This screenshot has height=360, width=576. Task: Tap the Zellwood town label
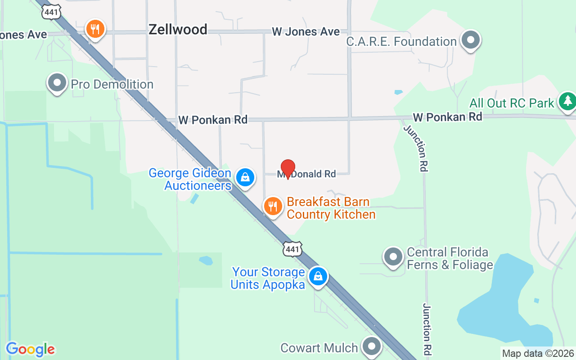(178, 30)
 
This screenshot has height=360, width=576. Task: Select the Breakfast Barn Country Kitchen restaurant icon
(273, 207)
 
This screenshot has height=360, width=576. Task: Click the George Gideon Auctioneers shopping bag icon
(245, 177)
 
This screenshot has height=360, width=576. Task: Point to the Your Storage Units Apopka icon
(318, 275)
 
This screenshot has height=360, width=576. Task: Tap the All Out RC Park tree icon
(567, 100)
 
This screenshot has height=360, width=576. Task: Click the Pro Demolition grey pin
(57, 83)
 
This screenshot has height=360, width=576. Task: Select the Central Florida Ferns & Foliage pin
(393, 257)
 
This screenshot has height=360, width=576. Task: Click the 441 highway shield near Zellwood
(51, 12)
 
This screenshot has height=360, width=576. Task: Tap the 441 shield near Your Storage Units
(292, 249)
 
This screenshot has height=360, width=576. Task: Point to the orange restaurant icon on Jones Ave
(95, 30)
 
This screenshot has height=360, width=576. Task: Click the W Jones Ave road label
(306, 31)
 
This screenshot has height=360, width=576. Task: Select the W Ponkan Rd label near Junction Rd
(447, 117)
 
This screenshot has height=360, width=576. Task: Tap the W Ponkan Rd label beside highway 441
(213, 120)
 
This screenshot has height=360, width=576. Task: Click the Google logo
(30, 349)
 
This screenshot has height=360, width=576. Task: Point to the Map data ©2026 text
(538, 353)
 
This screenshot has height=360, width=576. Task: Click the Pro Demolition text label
(112, 84)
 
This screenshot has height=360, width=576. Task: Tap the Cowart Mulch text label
(319, 348)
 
